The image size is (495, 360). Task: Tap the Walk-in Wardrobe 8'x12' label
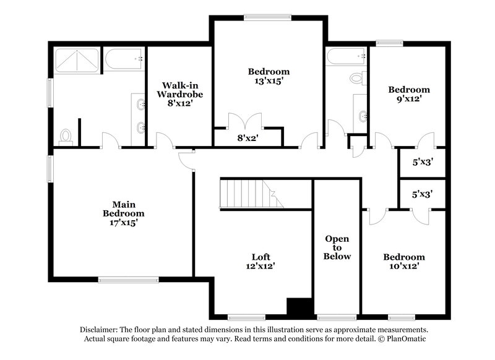[179, 94]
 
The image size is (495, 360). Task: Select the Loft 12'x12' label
[260, 261]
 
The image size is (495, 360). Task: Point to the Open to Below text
[338, 247]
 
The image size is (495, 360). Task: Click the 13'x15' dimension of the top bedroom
[268, 80]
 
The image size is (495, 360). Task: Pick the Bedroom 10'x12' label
[403, 262]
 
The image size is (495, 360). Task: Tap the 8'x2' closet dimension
[247, 139]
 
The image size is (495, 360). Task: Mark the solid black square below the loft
[299, 307]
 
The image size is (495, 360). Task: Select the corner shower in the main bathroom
[75, 60]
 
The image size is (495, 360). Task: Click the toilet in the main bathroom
[66, 137]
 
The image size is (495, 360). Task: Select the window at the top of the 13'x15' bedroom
[268, 17]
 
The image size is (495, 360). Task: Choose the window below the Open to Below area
[337, 317]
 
